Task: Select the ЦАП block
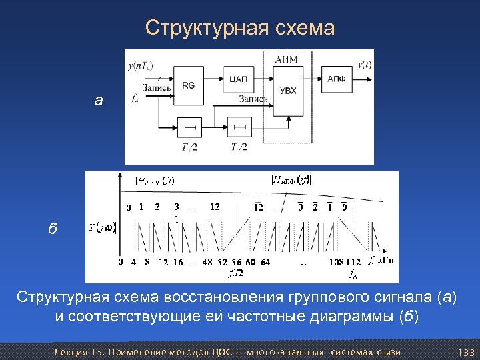click(x=238, y=79)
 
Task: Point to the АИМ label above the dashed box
click(x=285, y=60)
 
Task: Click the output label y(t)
click(x=364, y=65)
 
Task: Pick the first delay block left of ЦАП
click(x=189, y=126)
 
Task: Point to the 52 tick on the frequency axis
click(x=221, y=262)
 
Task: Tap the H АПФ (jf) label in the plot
click(x=291, y=179)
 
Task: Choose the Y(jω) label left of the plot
click(x=102, y=228)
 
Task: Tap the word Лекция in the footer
click(x=69, y=351)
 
